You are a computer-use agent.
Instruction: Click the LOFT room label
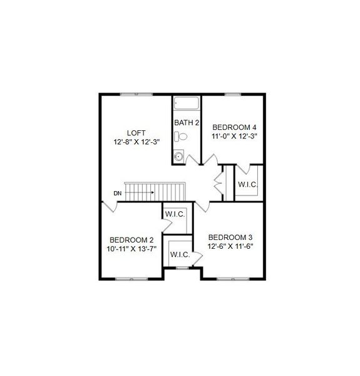(x=136, y=132)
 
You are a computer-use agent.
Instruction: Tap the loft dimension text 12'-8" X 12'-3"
(x=136, y=142)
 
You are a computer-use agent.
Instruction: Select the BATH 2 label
(x=186, y=122)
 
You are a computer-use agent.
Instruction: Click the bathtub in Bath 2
(x=186, y=103)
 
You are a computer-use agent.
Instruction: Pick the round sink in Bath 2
(x=178, y=157)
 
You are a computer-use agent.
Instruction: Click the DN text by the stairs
(x=117, y=193)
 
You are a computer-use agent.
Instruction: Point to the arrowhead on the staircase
(x=152, y=192)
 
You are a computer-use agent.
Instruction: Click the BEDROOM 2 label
(x=131, y=239)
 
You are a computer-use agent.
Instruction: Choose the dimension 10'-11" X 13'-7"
(x=131, y=249)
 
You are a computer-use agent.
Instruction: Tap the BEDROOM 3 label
(x=230, y=237)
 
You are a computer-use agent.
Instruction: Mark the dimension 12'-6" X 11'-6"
(x=230, y=246)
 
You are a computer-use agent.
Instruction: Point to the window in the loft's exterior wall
(x=137, y=94)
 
